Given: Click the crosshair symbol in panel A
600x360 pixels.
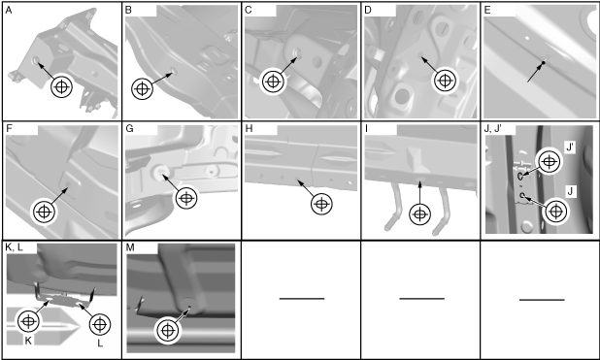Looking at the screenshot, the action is [61, 87].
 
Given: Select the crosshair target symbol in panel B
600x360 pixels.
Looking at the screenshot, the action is [142, 88].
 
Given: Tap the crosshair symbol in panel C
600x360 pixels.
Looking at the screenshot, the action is [273, 82].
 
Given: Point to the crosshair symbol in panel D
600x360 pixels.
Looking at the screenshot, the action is [445, 81].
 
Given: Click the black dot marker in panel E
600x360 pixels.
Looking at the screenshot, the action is [543, 62].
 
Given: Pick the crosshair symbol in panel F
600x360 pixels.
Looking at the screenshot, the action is [44, 212].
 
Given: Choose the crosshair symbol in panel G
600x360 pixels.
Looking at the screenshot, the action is [186, 198].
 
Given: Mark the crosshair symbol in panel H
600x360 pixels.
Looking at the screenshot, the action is [321, 205].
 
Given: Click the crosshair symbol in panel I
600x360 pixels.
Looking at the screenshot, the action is [419, 214].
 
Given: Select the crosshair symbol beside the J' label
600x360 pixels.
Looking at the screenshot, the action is [550, 162].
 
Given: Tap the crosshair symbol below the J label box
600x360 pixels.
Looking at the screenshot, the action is [555, 212].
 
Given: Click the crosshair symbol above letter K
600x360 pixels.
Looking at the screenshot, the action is [28, 321].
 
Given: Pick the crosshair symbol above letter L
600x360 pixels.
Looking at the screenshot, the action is [100, 324].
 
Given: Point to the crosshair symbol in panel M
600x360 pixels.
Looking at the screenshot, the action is [168, 330].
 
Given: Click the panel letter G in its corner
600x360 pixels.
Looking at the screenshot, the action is [129, 128].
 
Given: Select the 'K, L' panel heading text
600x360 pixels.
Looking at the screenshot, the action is [15, 247].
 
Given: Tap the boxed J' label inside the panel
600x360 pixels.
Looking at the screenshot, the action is [570, 147].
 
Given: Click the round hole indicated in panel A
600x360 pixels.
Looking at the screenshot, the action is [36, 60].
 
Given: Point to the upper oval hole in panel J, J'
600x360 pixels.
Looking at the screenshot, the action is [520, 176].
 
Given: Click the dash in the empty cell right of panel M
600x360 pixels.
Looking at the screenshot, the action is [302, 299].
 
